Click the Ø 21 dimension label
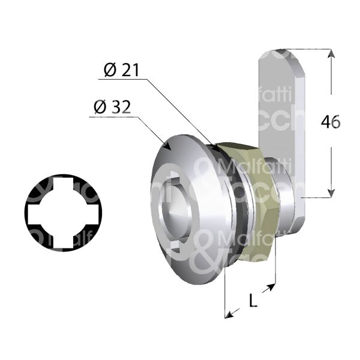121,70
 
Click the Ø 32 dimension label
113,107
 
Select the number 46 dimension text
330,122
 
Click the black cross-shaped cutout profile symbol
63,207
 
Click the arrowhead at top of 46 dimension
331,53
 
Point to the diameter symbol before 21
109,70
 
